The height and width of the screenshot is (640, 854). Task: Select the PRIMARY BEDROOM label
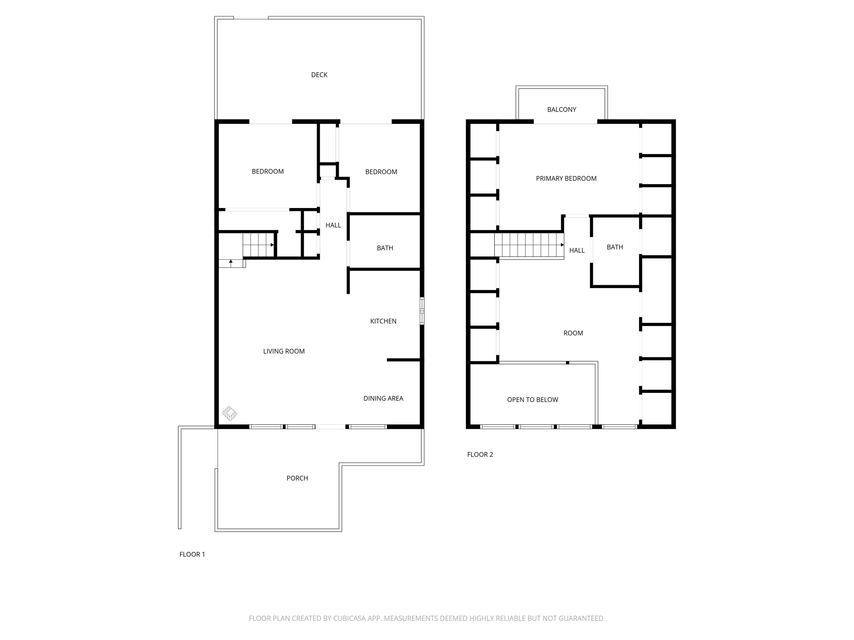tap(566, 179)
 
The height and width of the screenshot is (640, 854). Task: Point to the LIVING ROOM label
tap(284, 351)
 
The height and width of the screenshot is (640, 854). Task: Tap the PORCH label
tap(297, 478)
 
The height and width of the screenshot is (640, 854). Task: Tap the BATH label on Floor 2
tap(615, 247)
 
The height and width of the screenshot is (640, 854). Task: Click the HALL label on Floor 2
tap(577, 250)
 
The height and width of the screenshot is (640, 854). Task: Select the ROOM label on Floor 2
tap(573, 333)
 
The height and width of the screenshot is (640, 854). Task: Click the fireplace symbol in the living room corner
tap(229, 414)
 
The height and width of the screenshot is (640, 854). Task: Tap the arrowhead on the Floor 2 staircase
tap(562, 245)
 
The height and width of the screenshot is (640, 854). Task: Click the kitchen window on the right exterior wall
tap(422, 311)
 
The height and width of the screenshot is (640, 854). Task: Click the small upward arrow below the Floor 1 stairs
tap(231, 262)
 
